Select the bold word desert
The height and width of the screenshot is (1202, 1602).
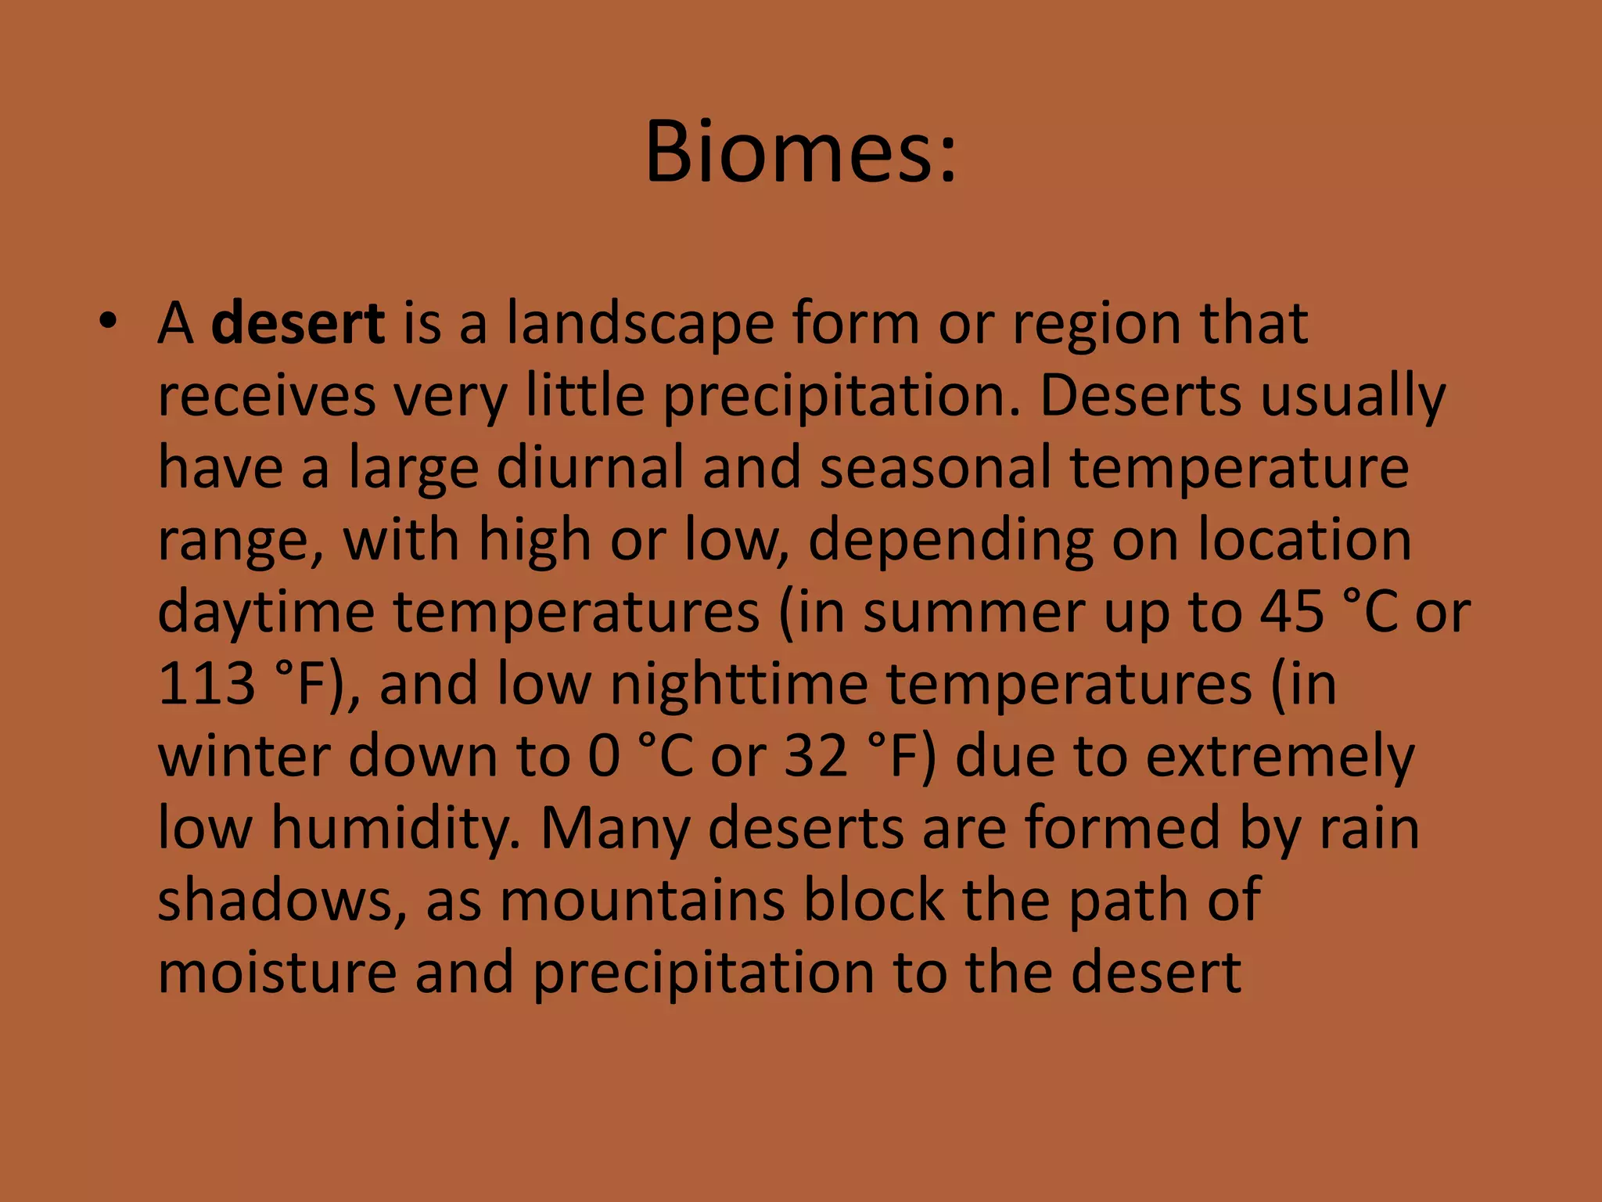pyautogui.click(x=298, y=323)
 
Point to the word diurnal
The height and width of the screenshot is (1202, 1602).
pyautogui.click(x=590, y=468)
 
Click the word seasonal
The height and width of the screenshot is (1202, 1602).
pyautogui.click(x=935, y=468)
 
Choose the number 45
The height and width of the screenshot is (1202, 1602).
pyautogui.click(x=1291, y=612)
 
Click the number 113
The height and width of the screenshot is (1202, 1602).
pyautogui.click(x=207, y=684)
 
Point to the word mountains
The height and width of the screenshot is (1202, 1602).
pyautogui.click(x=641, y=900)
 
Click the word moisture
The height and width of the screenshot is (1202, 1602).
pyautogui.click(x=277, y=972)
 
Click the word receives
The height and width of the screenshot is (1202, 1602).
pyautogui.click(x=267, y=396)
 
